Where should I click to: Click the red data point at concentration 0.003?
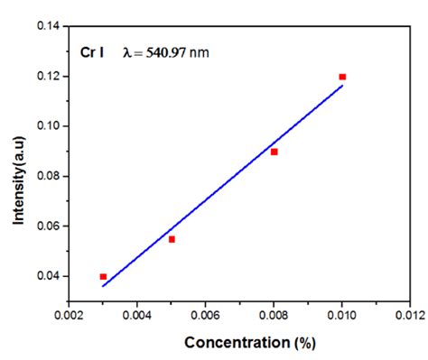point(103,276)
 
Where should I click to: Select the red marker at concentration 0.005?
point(172,239)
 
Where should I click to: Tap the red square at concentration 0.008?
point(274,152)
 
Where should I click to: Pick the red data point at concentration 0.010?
point(342,77)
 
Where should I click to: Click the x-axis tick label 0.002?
point(69,316)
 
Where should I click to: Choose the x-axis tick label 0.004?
point(137,316)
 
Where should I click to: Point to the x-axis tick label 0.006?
point(206,316)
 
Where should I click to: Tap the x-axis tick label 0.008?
point(274,316)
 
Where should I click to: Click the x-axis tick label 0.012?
point(409,316)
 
